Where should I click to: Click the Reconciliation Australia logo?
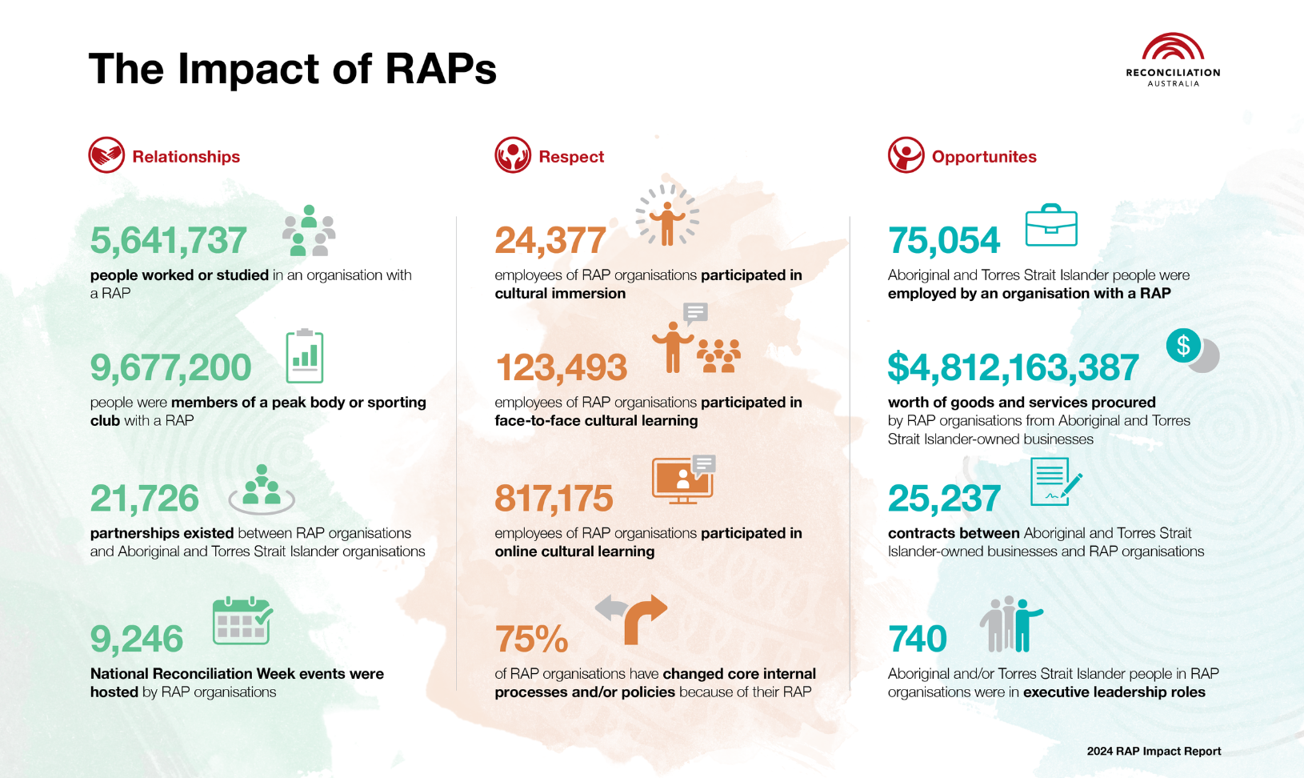pos(1173,59)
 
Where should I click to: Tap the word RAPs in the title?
pos(441,69)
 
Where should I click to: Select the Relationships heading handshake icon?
pos(106,155)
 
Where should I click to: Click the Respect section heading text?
pos(571,157)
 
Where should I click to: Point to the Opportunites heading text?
pos(984,157)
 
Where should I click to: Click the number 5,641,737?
pos(168,241)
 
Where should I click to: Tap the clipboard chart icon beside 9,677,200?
pos(305,356)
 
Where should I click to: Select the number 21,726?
pos(144,499)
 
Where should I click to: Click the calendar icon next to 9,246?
pos(242,620)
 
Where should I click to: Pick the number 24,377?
pos(550,241)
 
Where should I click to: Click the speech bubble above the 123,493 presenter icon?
pos(695,312)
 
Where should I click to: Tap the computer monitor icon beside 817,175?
pos(682,480)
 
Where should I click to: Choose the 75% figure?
pos(531,640)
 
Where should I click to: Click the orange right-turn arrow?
pos(645,619)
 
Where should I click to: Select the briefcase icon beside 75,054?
pos(1051,227)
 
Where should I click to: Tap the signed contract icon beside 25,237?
pos(1054,482)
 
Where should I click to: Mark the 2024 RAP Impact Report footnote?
pos(1154,751)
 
